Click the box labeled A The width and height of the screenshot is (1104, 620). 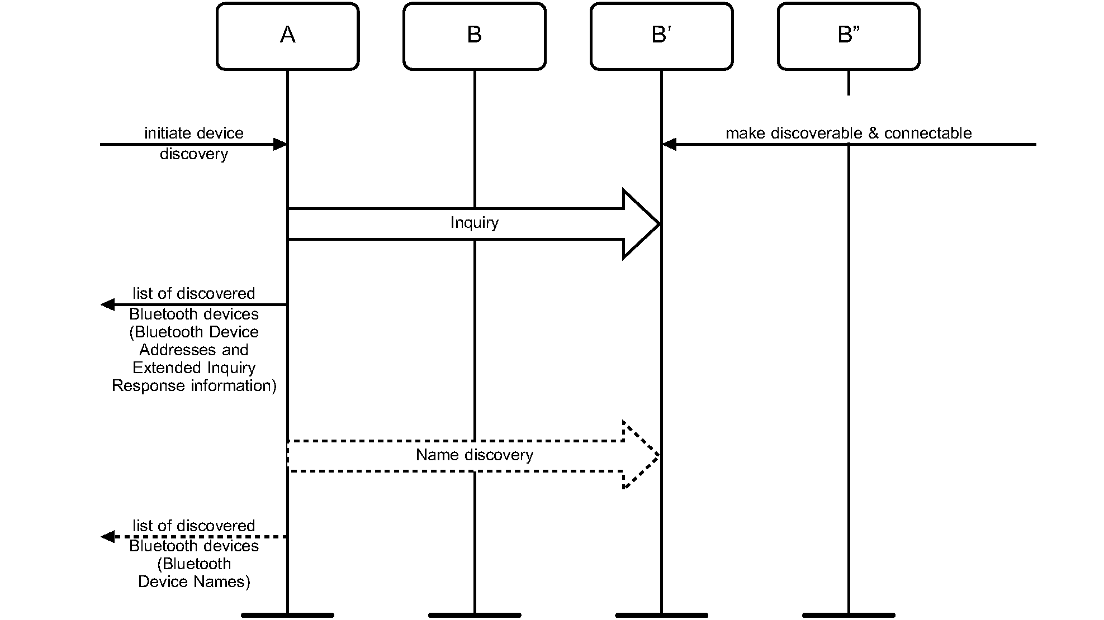pyautogui.click(x=287, y=36)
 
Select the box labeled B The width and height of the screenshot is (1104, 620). pyautogui.click(x=474, y=36)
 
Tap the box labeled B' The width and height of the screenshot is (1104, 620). pyautogui.click(x=661, y=36)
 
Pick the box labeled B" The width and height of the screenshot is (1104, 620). pyautogui.click(x=848, y=36)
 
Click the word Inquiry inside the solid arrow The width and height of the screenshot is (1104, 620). pyautogui.click(x=474, y=223)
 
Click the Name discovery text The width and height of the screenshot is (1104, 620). pyautogui.click(x=474, y=455)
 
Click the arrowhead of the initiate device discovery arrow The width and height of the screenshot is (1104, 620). pyautogui.click(x=281, y=145)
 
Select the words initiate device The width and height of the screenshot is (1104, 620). pyautogui.click(x=193, y=133)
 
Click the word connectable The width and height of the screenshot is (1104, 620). pyautogui.click(x=927, y=133)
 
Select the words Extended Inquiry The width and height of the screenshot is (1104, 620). pyautogui.click(x=193, y=368)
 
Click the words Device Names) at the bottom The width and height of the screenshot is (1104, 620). pyautogui.click(x=193, y=582)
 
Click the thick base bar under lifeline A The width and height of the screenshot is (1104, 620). pyautogui.click(x=287, y=615)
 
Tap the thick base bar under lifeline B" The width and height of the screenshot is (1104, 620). pyautogui.click(x=848, y=615)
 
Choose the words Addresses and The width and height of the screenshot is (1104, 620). pyautogui.click(x=193, y=350)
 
